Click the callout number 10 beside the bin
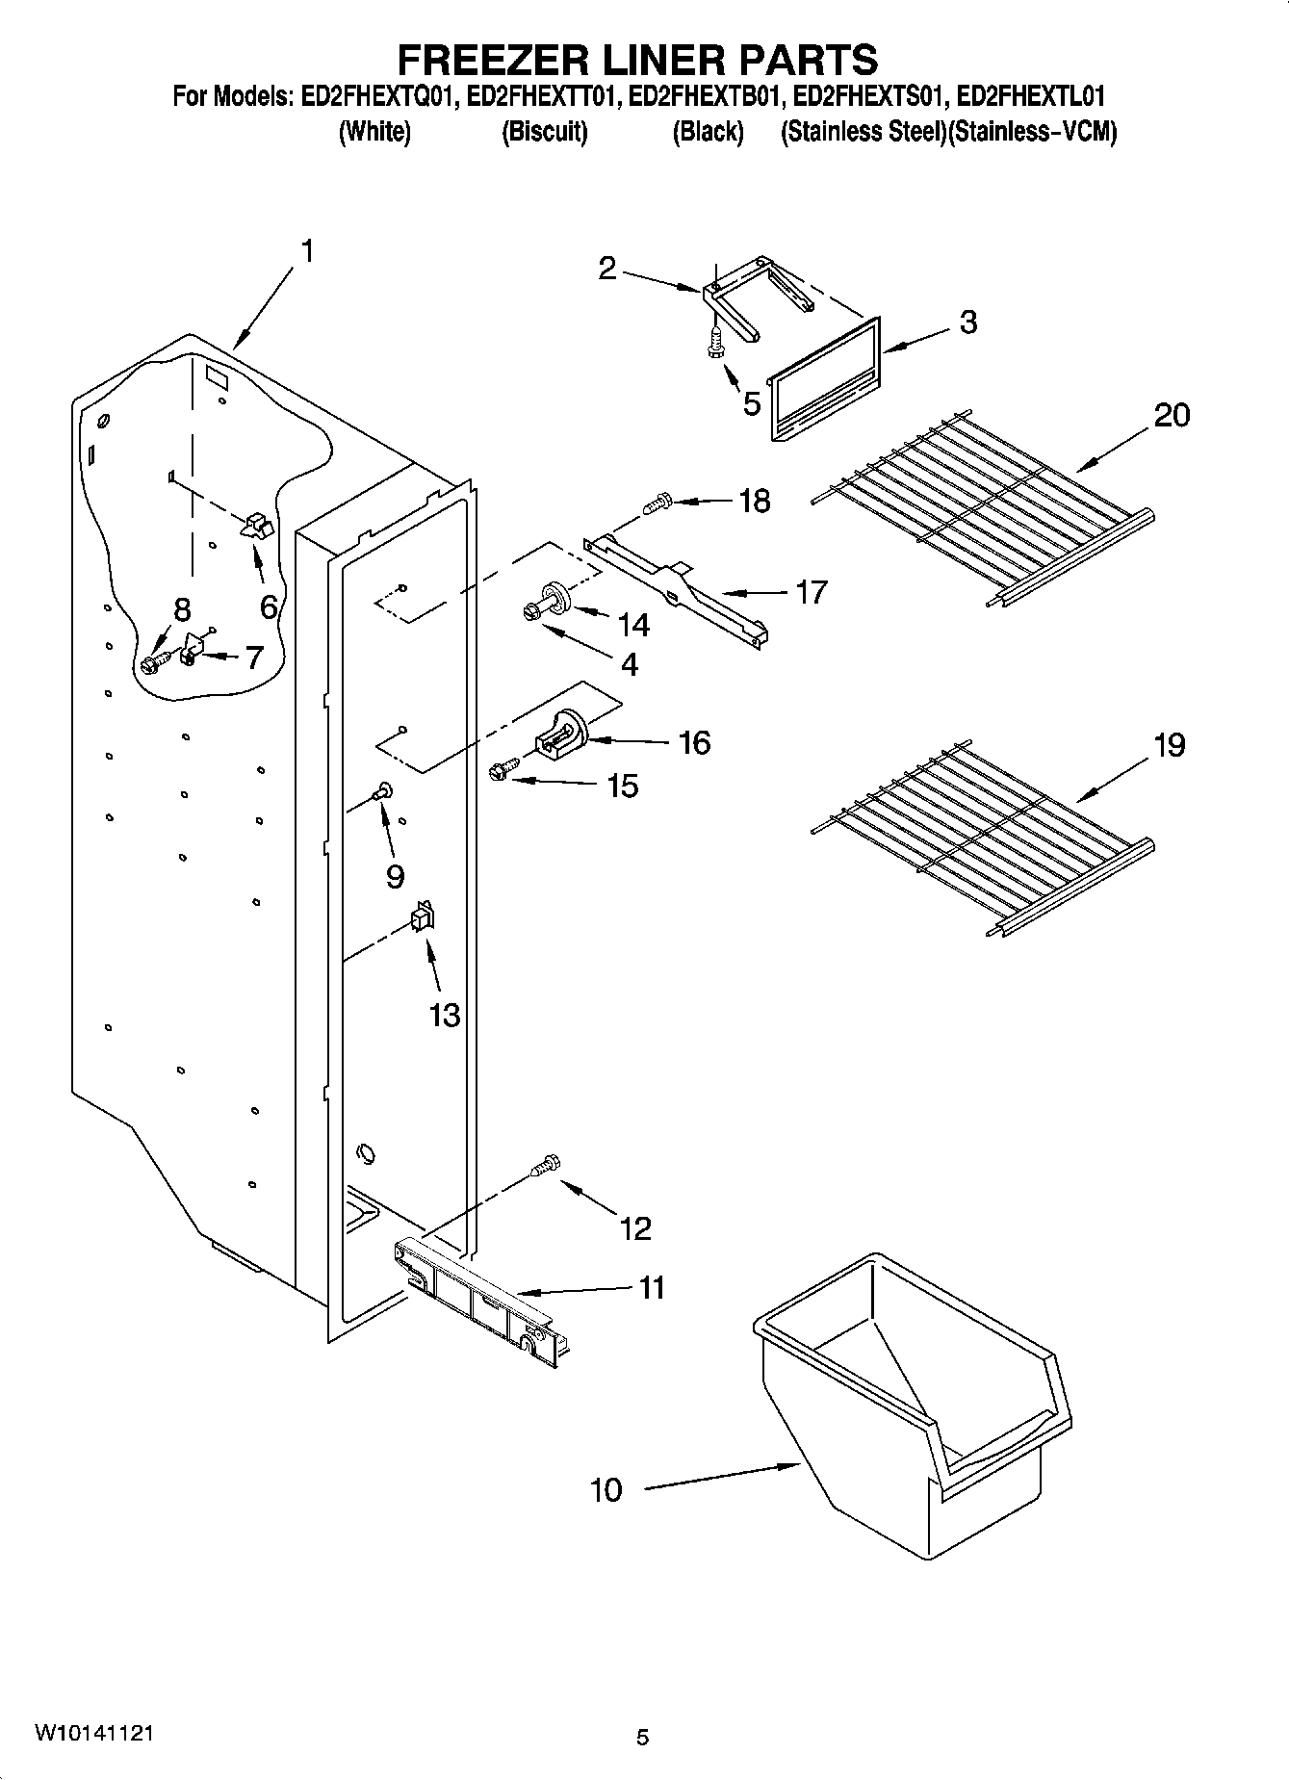[606, 1490]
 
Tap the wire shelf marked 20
[982, 505]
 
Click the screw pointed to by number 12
[545, 1166]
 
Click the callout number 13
[444, 1015]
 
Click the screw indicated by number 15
[502, 769]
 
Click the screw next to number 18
[657, 503]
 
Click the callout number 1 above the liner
[306, 252]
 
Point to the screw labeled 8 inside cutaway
[155, 662]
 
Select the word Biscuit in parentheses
[545, 132]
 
